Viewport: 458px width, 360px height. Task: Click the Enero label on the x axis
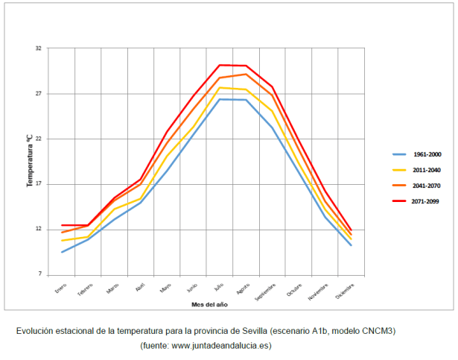61,288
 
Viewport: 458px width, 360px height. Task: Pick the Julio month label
218,287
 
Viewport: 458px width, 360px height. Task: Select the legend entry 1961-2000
427,154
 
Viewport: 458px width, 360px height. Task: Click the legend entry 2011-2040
427,170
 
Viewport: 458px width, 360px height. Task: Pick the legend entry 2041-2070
427,186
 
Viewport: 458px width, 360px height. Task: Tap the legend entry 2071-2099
427,201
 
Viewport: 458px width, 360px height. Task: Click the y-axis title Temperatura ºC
31,160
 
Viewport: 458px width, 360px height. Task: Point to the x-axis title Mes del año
209,305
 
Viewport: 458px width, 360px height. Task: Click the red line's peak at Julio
220,65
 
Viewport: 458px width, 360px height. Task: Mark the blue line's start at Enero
62,252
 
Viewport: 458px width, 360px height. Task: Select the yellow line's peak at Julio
220,88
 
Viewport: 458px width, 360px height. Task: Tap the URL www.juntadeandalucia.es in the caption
220,345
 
